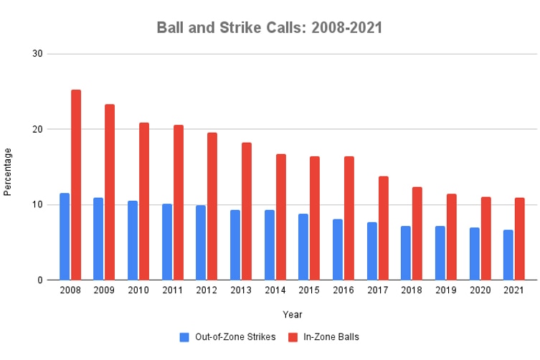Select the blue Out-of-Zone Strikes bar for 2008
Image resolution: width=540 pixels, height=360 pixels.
[65, 237]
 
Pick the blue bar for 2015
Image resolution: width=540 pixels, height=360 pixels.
[303, 247]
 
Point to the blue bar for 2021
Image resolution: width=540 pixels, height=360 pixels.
[508, 255]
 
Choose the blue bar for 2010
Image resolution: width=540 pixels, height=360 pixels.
[133, 240]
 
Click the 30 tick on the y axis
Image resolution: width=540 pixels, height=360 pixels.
[37, 54]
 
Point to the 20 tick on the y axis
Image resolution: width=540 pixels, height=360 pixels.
[37, 129]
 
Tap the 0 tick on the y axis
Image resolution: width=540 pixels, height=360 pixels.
[40, 280]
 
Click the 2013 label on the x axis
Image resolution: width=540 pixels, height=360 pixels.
[240, 291]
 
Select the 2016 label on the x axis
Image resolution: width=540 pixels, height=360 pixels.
[343, 291]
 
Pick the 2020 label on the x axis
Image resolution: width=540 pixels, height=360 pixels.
[479, 291]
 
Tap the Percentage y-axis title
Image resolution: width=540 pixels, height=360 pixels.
[8, 171]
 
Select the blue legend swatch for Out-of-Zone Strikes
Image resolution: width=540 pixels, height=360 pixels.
[184, 337]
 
